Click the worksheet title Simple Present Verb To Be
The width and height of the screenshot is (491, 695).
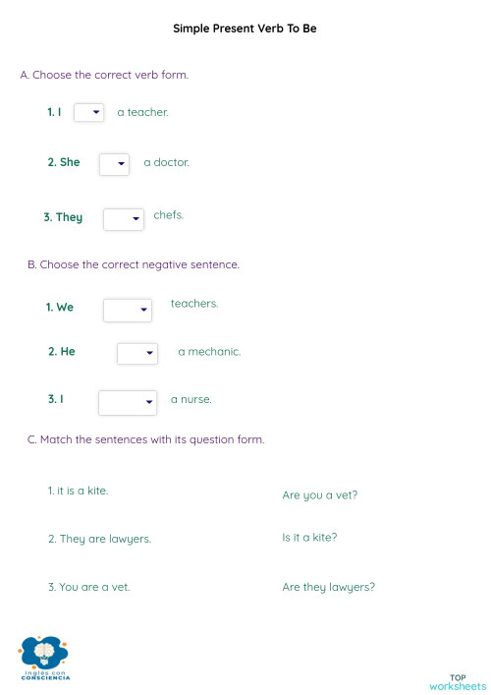(x=245, y=29)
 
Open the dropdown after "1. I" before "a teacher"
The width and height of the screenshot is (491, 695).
(x=88, y=113)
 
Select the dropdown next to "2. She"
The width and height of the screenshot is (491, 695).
(x=114, y=163)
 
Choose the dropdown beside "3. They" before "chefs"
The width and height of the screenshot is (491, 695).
(x=124, y=219)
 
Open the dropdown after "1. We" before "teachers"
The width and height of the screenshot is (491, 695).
(x=128, y=311)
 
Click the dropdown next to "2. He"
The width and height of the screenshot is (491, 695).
(x=137, y=353)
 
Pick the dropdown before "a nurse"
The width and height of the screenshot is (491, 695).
(x=128, y=402)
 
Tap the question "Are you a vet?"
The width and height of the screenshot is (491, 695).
(x=320, y=495)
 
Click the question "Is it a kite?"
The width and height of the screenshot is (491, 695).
(x=309, y=538)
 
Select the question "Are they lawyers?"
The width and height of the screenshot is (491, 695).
(x=329, y=588)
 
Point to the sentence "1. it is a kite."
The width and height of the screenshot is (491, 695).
(x=78, y=490)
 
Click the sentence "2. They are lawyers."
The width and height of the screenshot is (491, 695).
(x=99, y=539)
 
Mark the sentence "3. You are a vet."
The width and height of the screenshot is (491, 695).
(x=88, y=587)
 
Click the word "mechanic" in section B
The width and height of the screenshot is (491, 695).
(x=214, y=351)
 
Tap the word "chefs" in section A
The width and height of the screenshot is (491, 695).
(x=169, y=214)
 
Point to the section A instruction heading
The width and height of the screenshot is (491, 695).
(x=104, y=75)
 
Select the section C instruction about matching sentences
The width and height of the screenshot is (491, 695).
(x=145, y=439)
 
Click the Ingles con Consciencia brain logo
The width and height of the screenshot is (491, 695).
(x=43, y=655)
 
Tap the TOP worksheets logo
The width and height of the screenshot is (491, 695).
(x=458, y=681)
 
